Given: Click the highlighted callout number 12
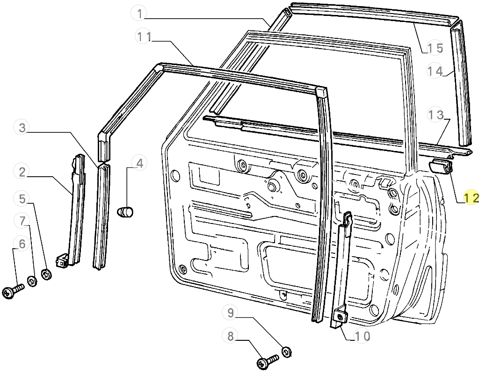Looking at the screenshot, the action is pos(471,197).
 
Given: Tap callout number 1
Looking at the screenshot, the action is pos(140,14).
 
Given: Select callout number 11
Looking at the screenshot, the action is pos(144,37).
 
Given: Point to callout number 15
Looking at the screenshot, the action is pos(435,48).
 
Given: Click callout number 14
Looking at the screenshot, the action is pos(435,71).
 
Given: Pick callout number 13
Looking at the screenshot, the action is pos(435,115).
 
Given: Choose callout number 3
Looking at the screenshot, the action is pos(22,128).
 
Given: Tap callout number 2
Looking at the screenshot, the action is pos(22,172).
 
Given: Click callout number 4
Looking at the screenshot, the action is pos(140,163).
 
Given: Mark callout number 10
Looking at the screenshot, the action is pos(362,336).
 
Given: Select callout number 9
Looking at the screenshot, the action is pos(231,312).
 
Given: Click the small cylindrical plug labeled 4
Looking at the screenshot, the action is pos(125,212).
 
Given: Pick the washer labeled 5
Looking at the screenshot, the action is pos(46,274).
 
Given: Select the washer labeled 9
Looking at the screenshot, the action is pos(286,352).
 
